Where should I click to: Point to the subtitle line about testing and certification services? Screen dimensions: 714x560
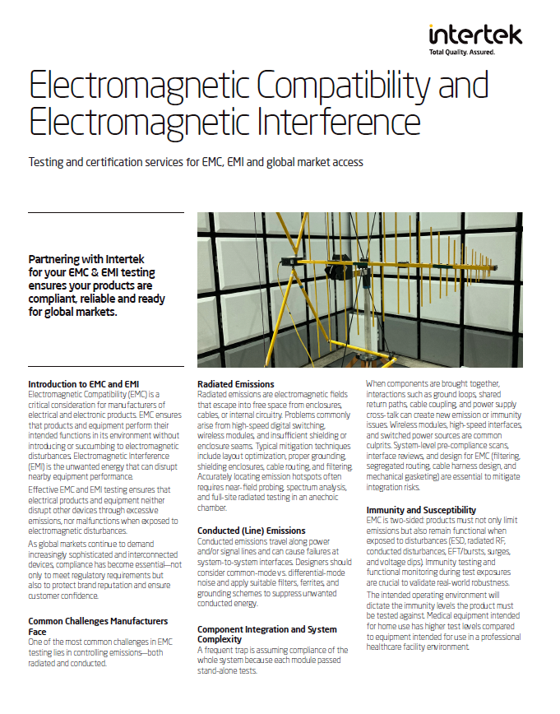tap(196, 162)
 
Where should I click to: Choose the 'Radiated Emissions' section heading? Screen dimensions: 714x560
tap(236, 384)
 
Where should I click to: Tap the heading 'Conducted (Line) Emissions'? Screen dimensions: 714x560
tap(251, 531)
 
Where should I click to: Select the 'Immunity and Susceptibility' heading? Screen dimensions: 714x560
tap(421, 510)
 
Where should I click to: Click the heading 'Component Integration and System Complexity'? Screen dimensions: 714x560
tap(266, 634)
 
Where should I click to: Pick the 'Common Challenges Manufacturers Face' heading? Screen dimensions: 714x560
tap(98, 626)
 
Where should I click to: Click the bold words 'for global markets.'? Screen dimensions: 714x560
tap(72, 312)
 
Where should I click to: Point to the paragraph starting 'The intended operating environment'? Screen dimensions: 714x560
tap(443, 620)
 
